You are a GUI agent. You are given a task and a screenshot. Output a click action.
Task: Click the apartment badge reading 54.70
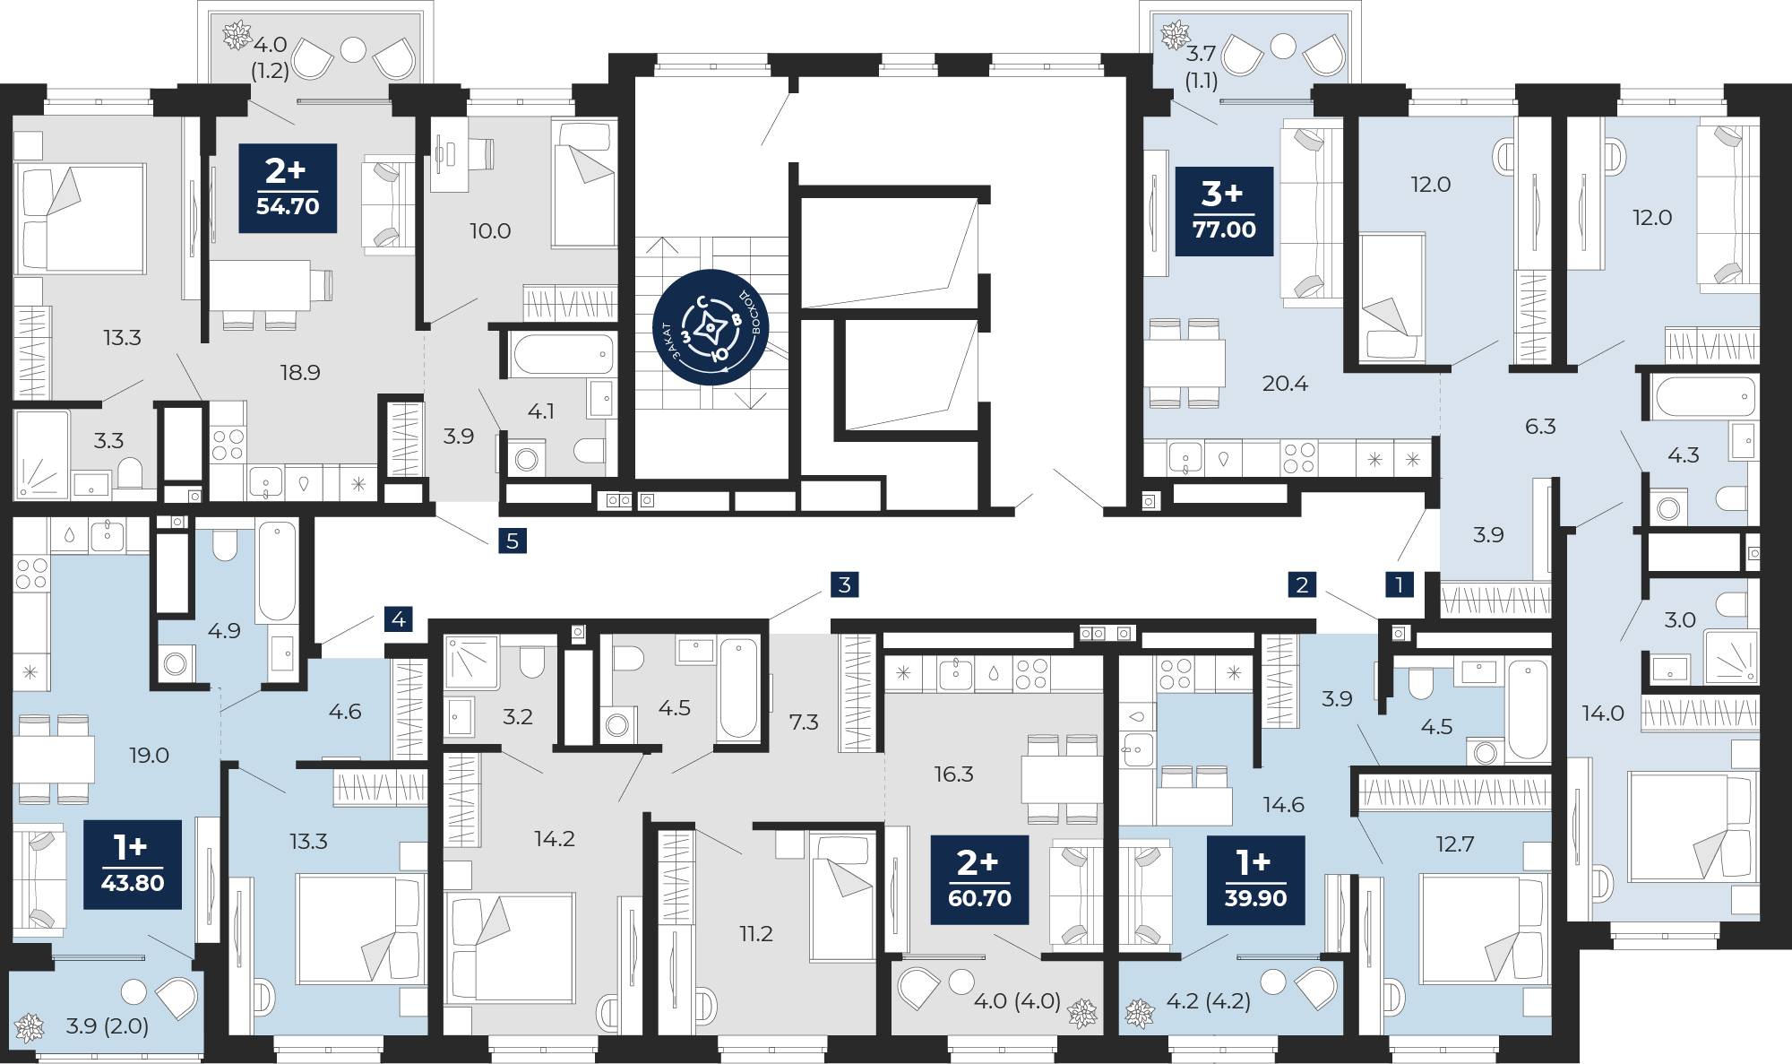(288, 188)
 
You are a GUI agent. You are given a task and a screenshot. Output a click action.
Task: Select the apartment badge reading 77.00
(1224, 212)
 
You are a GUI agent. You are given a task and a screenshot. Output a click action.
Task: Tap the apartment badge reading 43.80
(133, 865)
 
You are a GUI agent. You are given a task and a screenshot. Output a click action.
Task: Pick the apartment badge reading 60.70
(979, 880)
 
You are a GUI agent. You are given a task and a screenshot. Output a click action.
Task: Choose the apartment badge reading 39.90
(1255, 880)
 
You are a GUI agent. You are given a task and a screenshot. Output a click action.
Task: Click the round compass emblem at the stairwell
(711, 328)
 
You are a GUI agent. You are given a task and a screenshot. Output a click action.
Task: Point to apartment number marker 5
(513, 541)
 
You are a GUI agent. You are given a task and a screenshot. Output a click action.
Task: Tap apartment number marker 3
(845, 584)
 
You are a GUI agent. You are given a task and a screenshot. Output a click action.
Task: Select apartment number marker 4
(399, 619)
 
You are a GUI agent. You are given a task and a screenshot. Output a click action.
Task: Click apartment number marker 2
(1302, 584)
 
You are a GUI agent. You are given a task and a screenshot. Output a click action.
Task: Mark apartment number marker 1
(1400, 584)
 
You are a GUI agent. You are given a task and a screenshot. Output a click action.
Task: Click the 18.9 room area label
(300, 372)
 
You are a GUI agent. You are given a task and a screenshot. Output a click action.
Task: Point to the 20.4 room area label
(1285, 384)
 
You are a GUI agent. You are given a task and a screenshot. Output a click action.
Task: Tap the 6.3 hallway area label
(1540, 427)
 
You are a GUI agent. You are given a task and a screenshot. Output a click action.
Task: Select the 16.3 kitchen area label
(953, 774)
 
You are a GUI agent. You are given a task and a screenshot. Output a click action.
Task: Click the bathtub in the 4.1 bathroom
(563, 355)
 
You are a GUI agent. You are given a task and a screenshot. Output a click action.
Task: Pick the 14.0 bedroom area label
(1603, 714)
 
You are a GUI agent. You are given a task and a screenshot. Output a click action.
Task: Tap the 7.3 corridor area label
(804, 722)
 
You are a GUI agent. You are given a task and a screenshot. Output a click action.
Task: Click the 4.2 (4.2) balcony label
(1209, 1001)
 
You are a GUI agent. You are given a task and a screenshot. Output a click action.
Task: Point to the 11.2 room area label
(756, 934)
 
